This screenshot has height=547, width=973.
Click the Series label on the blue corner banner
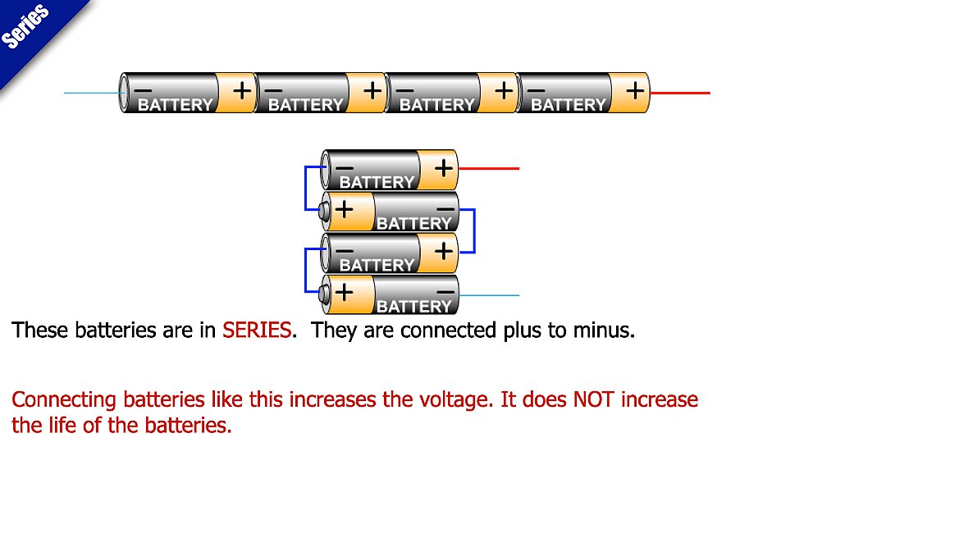pyautogui.click(x=26, y=26)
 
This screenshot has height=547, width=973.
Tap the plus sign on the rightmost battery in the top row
pyautogui.click(x=635, y=90)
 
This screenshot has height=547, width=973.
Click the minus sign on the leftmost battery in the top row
pyautogui.click(x=143, y=89)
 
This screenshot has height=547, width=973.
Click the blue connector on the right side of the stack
pyautogui.click(x=473, y=230)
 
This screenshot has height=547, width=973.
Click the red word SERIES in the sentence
pyautogui.click(x=257, y=330)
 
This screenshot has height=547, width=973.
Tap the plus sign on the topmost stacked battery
pyautogui.click(x=443, y=168)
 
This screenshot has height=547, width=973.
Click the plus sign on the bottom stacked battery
pyautogui.click(x=344, y=291)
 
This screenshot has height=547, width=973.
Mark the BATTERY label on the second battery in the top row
pyautogui.click(x=305, y=105)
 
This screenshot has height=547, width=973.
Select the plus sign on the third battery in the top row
pyautogui.click(x=504, y=90)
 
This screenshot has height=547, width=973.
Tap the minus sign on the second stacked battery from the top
pyautogui.click(x=445, y=209)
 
